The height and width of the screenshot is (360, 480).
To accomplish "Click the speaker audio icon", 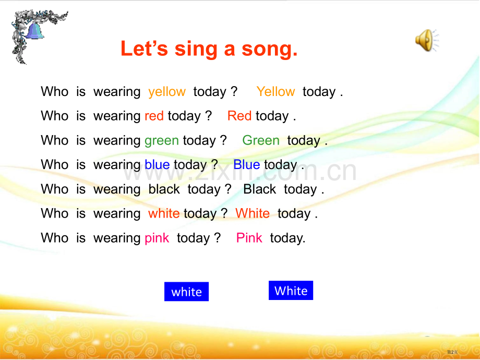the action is pyautogui.click(x=427, y=40).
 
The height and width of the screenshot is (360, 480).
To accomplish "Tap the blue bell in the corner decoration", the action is pyautogui.click(x=34, y=31).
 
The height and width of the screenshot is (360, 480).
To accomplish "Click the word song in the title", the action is pyautogui.click(x=269, y=49).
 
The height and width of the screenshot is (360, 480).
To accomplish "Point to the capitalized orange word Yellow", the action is pyautogui.click(x=275, y=91).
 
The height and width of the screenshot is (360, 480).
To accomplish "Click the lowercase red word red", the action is pyautogui.click(x=154, y=116).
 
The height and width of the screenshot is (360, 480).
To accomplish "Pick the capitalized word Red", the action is pyautogui.click(x=239, y=116).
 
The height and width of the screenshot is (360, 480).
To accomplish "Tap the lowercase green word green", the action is pyautogui.click(x=162, y=141).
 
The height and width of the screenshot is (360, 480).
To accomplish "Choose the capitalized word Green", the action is pyautogui.click(x=261, y=140).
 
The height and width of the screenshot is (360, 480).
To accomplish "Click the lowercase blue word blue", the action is pyautogui.click(x=157, y=165).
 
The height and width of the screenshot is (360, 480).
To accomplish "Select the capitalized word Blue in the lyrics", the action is pyautogui.click(x=247, y=165).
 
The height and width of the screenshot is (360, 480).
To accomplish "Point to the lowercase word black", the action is pyautogui.click(x=164, y=189).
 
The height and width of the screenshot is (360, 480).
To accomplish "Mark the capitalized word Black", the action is pyautogui.click(x=260, y=189).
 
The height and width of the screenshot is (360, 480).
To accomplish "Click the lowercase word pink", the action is pyautogui.click(x=157, y=238).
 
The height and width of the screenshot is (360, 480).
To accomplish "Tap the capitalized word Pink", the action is pyautogui.click(x=249, y=238).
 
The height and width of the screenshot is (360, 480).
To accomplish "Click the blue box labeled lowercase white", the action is pyautogui.click(x=186, y=292).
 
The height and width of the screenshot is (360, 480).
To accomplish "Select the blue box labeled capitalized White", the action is pyautogui.click(x=291, y=290).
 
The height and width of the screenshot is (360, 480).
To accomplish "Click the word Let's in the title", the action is pyautogui.click(x=145, y=49).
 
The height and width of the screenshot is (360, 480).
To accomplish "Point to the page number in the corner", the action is pyautogui.click(x=452, y=352).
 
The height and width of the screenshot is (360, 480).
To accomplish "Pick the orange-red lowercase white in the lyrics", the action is pyautogui.click(x=164, y=213).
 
